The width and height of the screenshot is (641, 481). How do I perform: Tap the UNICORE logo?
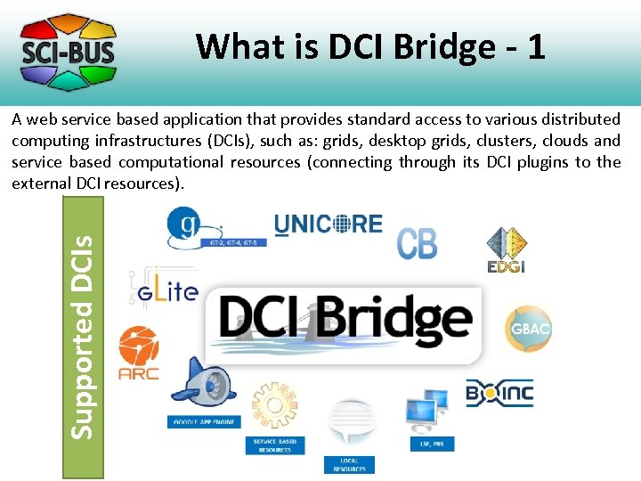click(329, 224)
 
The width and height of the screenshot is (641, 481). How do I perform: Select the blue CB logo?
click(417, 242)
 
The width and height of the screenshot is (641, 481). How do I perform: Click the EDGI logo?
click(505, 250)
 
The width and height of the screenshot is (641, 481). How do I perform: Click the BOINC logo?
click(499, 392)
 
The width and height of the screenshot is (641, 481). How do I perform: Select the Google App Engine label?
click(204, 421)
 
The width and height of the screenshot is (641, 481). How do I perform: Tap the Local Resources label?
click(349, 464)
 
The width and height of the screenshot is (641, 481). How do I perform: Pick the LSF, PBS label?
click(431, 443)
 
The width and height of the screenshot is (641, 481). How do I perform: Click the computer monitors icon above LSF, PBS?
click(427, 409)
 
